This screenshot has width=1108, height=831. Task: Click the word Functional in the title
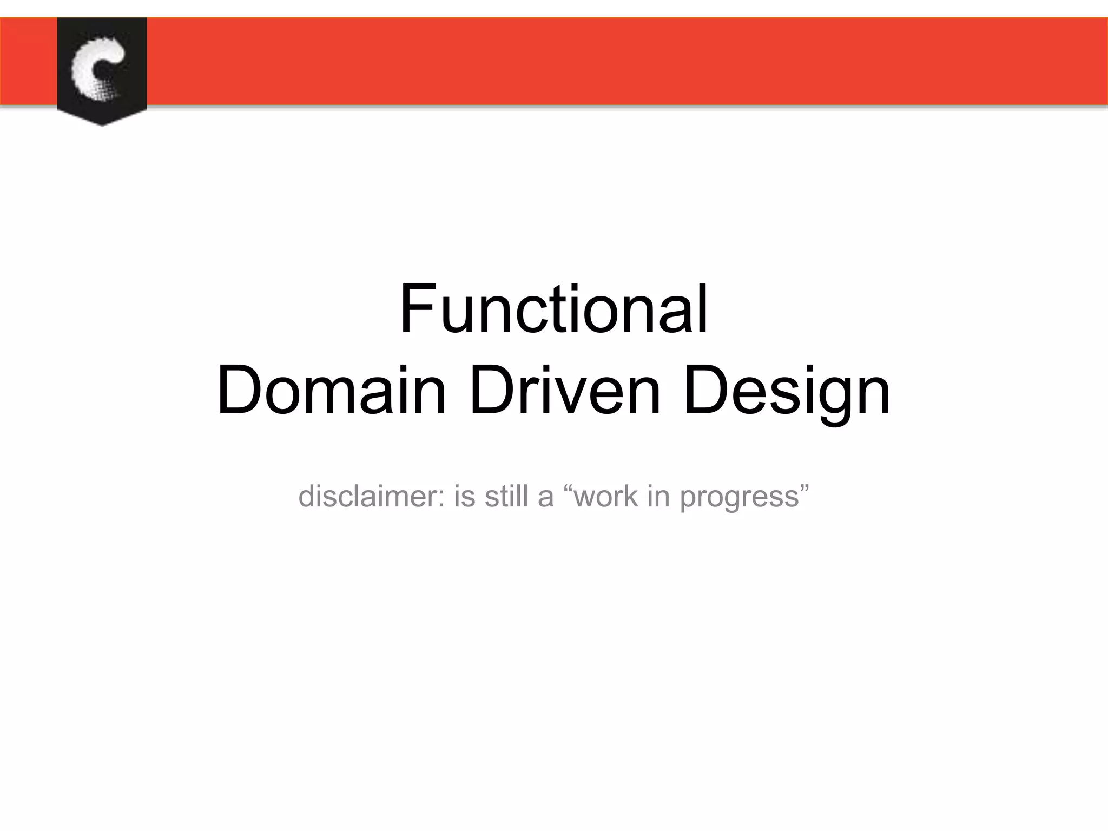coord(553,310)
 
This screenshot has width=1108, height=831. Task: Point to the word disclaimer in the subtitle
coord(366,496)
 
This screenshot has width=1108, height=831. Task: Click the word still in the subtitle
coord(506,496)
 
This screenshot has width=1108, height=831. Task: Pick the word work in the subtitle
coord(606,496)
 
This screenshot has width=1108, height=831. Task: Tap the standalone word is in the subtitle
coord(464,496)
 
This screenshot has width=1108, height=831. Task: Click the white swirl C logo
coord(98,68)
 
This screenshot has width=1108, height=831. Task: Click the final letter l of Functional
coord(703,310)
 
